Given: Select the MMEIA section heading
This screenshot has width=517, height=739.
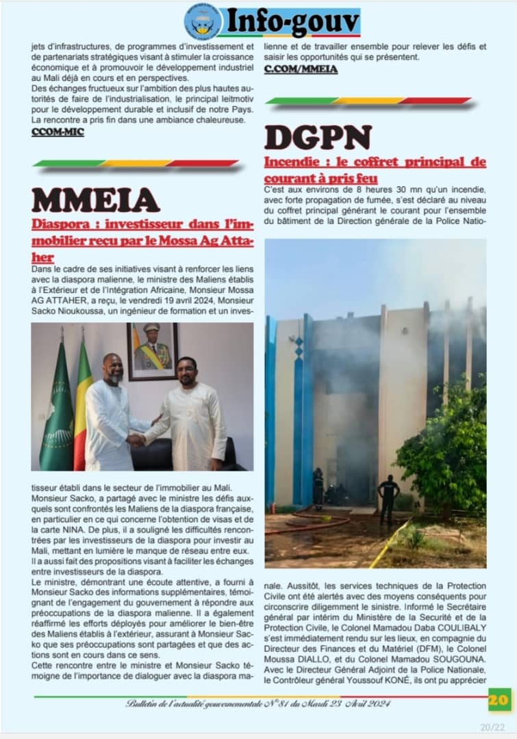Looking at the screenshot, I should [96, 200].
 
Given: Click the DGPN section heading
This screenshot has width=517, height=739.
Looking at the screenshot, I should [318, 138].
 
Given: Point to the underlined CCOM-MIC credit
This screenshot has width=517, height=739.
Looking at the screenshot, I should [58, 132].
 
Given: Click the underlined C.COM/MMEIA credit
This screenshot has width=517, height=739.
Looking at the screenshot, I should [301, 69].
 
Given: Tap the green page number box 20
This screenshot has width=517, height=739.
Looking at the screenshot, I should [499, 699].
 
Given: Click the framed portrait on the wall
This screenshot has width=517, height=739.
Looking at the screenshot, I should [152, 351].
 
